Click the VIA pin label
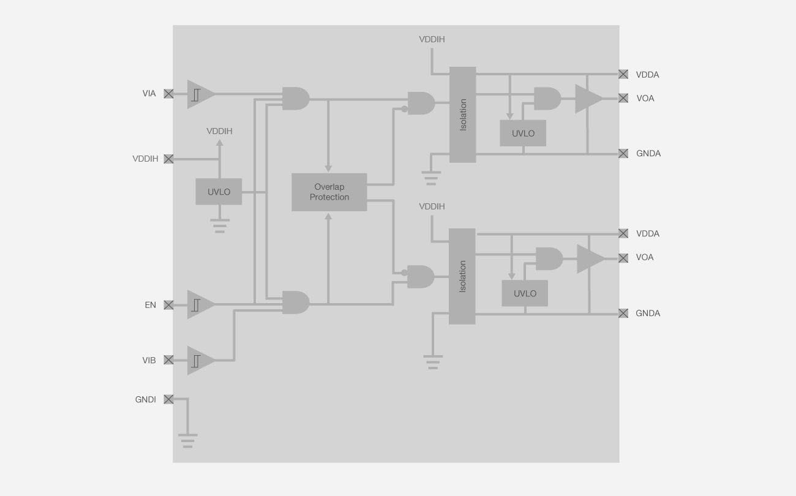coord(149,94)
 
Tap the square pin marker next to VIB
coord(168,360)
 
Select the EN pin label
coord(150,305)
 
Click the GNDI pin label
coord(146,399)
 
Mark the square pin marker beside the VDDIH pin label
coord(168,159)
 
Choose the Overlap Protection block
coord(329,192)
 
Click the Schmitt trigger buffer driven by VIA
coord(200,94)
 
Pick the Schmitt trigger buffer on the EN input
coord(200,304)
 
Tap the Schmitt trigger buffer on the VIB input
coord(200,360)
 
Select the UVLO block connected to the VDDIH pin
coord(219,192)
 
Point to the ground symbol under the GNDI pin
coord(187,441)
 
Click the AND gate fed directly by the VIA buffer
coord(295,99)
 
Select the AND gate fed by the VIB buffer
coord(295,302)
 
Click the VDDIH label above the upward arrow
coord(219,131)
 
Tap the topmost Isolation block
coord(462,115)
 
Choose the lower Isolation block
coord(462,276)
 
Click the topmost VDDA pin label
coord(647,75)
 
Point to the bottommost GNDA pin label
coord(647,313)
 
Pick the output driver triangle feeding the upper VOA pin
coord(588,99)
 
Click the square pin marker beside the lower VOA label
coord(623,258)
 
